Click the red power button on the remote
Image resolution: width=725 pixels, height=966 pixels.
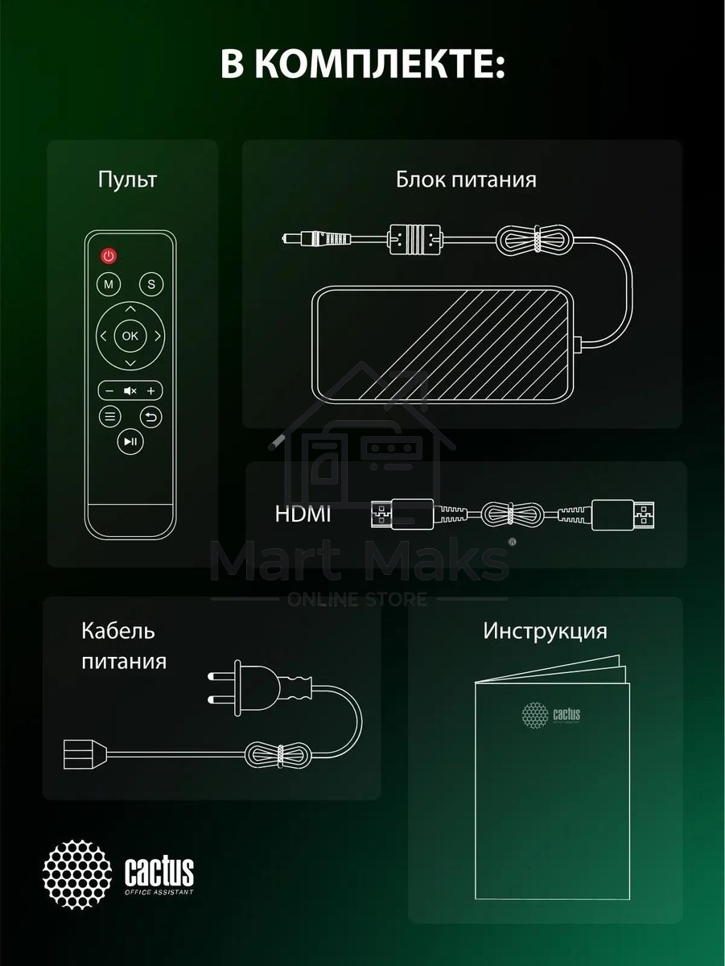[x=109, y=256]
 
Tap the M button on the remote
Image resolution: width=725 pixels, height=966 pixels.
[x=108, y=284]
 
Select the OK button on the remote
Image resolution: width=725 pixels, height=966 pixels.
[x=130, y=336]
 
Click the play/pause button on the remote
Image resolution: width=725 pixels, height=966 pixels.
[x=130, y=440]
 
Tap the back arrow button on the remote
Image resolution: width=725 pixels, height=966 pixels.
[x=151, y=416]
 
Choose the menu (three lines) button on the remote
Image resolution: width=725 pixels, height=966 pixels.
[x=109, y=416]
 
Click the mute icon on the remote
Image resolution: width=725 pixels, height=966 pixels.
[x=130, y=391]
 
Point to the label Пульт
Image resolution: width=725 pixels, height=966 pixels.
[x=127, y=179]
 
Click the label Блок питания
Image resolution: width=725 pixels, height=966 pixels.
[x=466, y=179]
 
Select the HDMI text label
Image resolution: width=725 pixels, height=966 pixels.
[x=303, y=514]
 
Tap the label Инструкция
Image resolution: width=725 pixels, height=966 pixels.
[x=545, y=630]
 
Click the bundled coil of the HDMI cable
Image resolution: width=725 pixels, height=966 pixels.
[x=509, y=514]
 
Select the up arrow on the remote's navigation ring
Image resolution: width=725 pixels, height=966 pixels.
[x=130, y=308]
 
